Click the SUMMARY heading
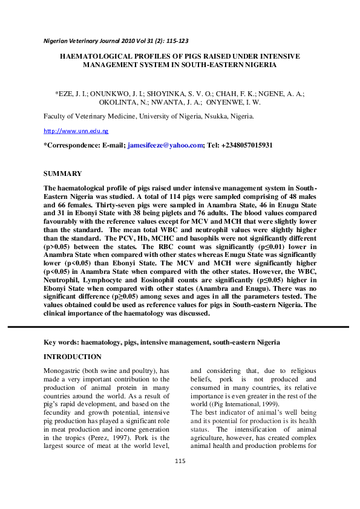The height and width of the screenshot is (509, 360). [x=63, y=173]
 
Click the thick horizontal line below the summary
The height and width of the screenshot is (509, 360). [x=180, y=327]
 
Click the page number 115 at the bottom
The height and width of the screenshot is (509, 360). [x=179, y=478]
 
